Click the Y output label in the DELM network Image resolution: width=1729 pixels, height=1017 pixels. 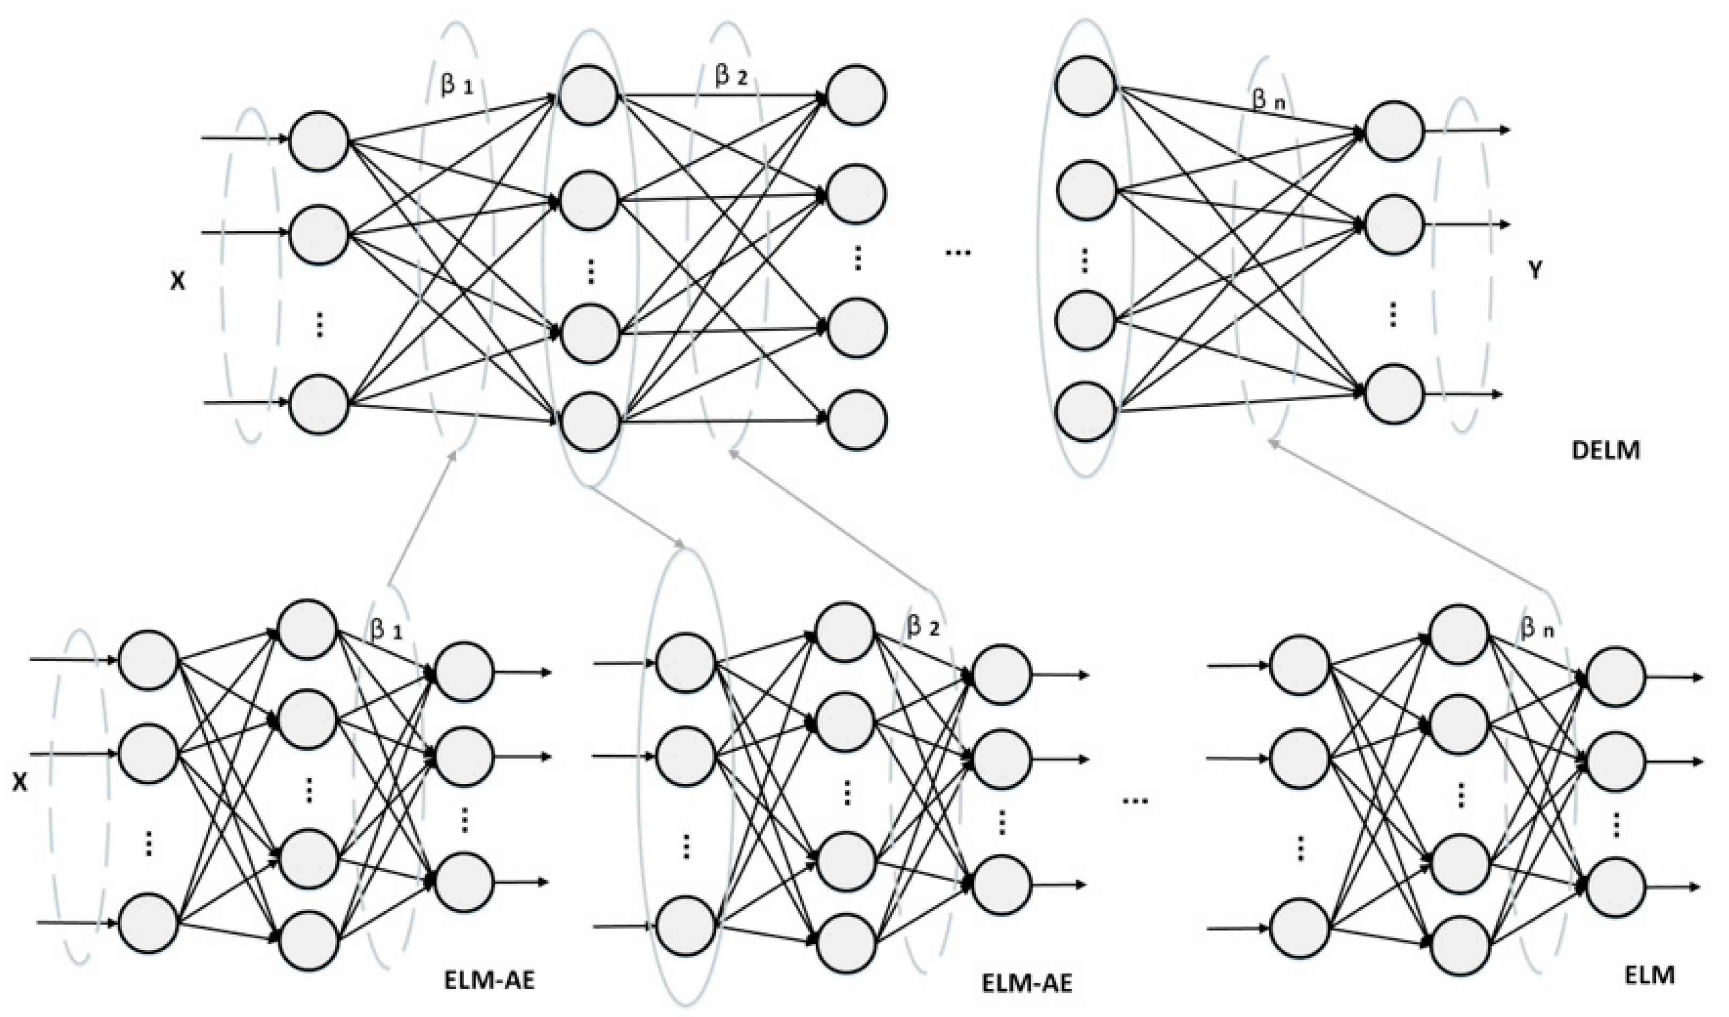click(x=1536, y=272)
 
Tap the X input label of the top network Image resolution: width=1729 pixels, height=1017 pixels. click(x=178, y=281)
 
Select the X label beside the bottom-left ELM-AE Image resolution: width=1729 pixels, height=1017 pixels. click(x=20, y=782)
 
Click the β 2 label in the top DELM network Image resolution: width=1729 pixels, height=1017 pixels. click(x=731, y=77)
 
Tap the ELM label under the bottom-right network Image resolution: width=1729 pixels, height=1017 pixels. click(x=1650, y=975)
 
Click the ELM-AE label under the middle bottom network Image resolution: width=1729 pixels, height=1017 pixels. click(x=1026, y=983)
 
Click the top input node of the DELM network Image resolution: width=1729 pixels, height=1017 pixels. click(x=319, y=141)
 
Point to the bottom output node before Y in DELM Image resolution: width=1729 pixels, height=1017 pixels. click(x=1393, y=394)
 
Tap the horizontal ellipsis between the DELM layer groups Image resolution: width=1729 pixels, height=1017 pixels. click(x=958, y=253)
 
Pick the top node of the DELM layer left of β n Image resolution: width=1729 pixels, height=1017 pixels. click(x=1085, y=86)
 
